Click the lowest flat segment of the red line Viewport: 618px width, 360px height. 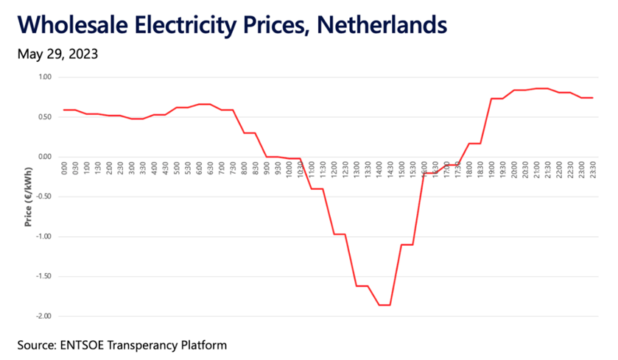point(384,305)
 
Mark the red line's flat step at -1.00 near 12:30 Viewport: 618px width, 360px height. point(339,234)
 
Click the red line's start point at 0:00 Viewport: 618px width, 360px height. point(64,110)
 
